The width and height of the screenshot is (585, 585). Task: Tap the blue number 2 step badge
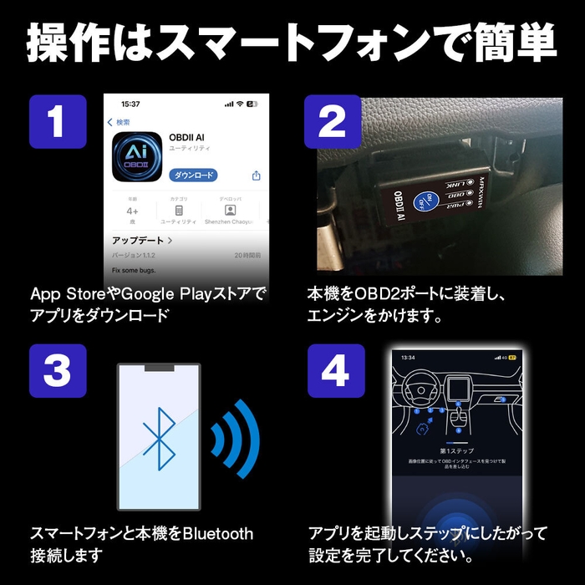pyautogui.click(x=333, y=122)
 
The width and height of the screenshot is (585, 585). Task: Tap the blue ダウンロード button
pyautogui.click(x=193, y=175)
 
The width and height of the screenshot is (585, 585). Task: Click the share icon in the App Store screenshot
pyautogui.click(x=257, y=175)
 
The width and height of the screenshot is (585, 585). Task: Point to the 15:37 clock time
pyautogui.click(x=130, y=104)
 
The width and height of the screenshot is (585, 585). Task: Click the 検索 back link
pyautogui.click(x=119, y=122)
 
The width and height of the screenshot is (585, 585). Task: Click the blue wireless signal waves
pyautogui.click(x=236, y=439)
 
